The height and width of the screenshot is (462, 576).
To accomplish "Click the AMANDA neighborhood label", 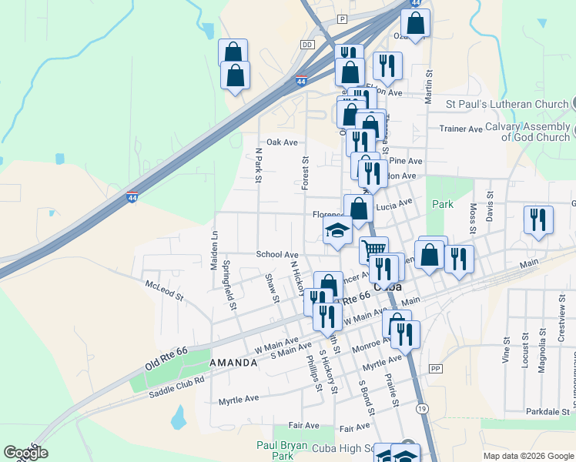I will coord(233,362).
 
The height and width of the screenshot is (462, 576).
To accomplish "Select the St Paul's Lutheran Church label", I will coord(507,103).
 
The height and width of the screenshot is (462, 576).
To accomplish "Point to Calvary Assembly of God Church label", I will coord(536,132).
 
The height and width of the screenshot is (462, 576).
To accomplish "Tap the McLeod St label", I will coord(164,290).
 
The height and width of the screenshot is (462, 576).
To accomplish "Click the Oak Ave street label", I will coord(282,142).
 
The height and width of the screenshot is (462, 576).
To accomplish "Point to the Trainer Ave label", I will coord(460,129).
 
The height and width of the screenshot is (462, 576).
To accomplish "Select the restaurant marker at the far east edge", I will coord(538,219).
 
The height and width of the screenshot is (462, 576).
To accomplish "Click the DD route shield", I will coord(308,45).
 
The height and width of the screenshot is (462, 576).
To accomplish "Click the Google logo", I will coord(25,453).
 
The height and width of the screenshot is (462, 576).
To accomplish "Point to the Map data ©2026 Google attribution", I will coord(527,456).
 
